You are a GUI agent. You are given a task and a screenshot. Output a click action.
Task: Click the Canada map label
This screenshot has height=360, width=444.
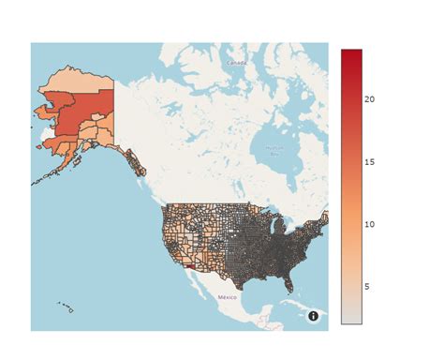pos(236,63)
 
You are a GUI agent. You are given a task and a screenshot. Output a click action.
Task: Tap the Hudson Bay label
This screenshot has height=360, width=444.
pos(274,149)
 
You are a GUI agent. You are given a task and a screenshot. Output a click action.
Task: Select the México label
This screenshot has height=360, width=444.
pos(228,296)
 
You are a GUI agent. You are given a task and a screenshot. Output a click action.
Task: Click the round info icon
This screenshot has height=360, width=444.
pos(313,317)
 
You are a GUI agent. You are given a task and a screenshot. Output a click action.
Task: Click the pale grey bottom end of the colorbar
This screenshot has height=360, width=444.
pos(351,319)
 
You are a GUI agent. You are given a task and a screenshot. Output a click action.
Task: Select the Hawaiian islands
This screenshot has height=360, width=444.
pos(66,306)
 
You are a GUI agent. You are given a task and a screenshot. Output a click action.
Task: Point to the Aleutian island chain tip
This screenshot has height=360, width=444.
pos(36,180)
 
